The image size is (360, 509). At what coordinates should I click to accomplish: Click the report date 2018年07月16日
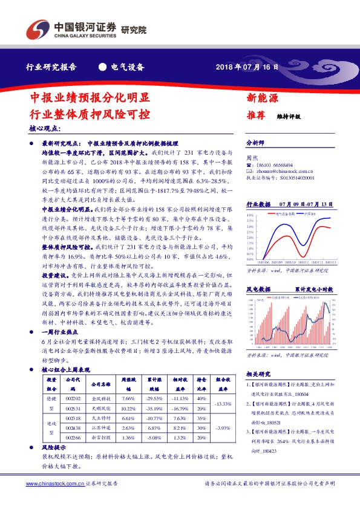247,68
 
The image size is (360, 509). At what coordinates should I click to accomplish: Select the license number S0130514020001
290,178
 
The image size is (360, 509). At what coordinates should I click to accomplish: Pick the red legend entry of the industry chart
283,213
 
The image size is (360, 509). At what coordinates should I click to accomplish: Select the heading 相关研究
258,374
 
